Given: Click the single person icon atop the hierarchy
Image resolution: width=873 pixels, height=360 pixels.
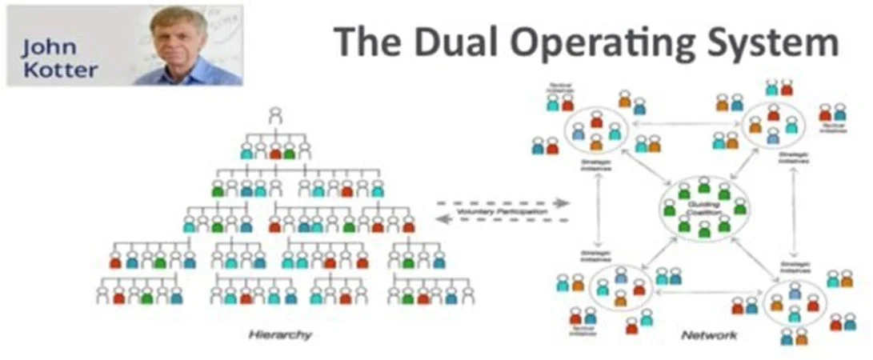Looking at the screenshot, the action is tap(276, 115).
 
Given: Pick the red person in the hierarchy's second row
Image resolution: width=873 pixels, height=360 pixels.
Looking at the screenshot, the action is tap(276, 150).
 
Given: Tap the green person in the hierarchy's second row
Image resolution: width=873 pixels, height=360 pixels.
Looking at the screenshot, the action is tap(290, 150).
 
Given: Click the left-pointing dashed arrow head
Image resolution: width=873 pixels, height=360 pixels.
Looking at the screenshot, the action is tap(443, 221).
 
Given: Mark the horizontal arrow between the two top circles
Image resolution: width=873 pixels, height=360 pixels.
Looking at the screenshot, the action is tap(688, 124).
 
